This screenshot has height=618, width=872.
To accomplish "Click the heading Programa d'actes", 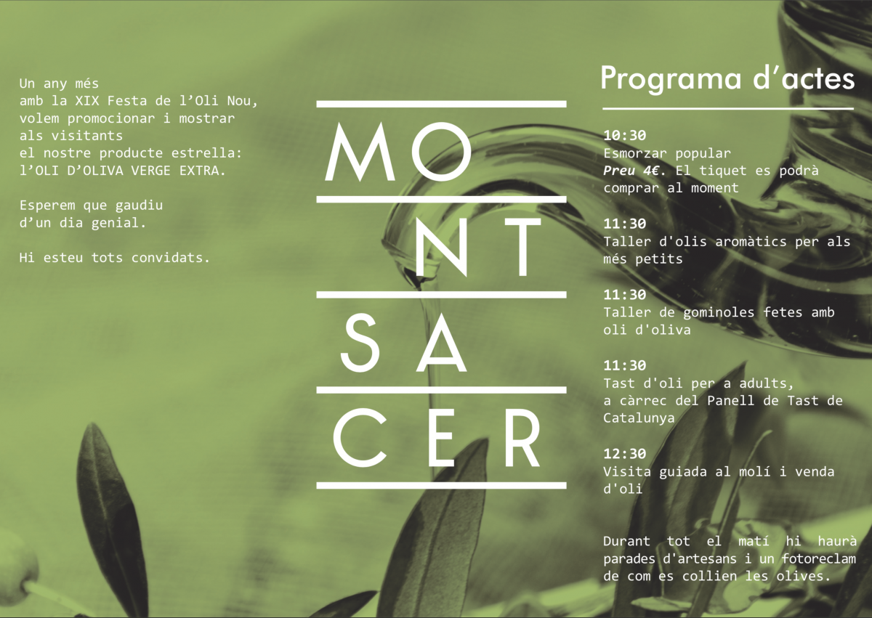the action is point(727,79).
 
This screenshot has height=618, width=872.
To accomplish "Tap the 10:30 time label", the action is point(625,135).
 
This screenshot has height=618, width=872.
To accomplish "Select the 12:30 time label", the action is point(625,453).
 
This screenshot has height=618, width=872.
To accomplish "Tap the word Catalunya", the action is point(639,418).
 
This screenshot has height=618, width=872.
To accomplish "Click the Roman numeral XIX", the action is point(86,101).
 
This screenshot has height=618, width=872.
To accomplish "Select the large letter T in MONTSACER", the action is point(522,247).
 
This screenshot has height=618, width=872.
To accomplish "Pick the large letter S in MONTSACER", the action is point(360,342).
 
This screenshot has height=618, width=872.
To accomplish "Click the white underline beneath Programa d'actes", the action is point(728,108).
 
